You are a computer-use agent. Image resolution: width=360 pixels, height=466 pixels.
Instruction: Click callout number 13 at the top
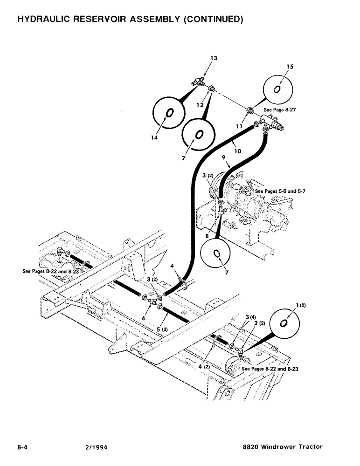(214, 58)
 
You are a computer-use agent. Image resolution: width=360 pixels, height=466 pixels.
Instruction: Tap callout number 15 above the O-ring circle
(290, 67)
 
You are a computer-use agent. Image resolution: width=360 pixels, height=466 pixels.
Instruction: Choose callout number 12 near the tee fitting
(201, 105)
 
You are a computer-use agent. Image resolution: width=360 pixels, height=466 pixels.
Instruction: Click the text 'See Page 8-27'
(280, 110)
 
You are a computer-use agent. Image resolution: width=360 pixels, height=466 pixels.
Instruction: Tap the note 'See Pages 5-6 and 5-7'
(280, 192)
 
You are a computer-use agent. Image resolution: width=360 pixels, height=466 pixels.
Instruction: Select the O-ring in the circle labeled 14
(169, 112)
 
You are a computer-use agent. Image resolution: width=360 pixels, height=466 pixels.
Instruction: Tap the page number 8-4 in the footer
(24, 446)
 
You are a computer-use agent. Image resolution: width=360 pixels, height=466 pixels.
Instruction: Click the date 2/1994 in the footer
(90, 446)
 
